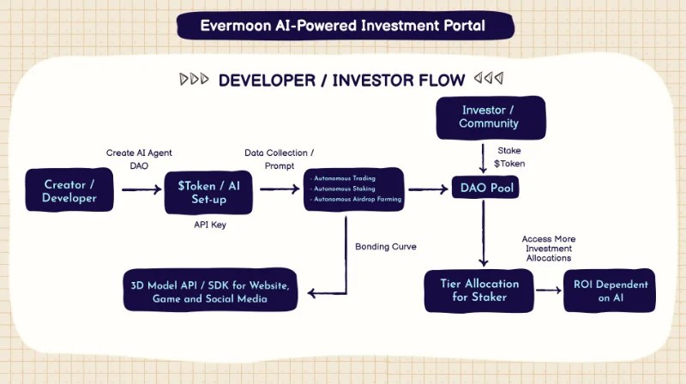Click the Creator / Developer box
click(x=69, y=190)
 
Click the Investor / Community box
click(x=490, y=117)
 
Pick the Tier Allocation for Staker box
click(x=478, y=290)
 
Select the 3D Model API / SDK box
click(x=211, y=291)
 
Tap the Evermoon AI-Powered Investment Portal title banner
click(x=343, y=26)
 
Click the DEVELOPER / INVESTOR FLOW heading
click(x=341, y=81)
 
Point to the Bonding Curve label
click(x=386, y=247)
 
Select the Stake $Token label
click(x=508, y=157)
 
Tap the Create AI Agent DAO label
click(x=139, y=159)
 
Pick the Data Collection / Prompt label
click(x=279, y=159)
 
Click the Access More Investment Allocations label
click(x=550, y=248)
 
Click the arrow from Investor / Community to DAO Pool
click(x=484, y=159)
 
